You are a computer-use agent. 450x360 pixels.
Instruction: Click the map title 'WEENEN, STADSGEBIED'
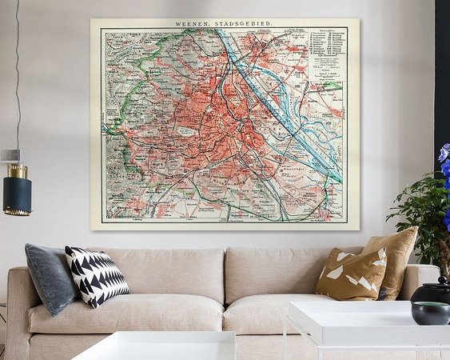[225, 26]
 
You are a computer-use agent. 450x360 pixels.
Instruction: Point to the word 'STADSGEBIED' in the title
[248, 26]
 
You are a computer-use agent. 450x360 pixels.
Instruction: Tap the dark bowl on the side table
[430, 312]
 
